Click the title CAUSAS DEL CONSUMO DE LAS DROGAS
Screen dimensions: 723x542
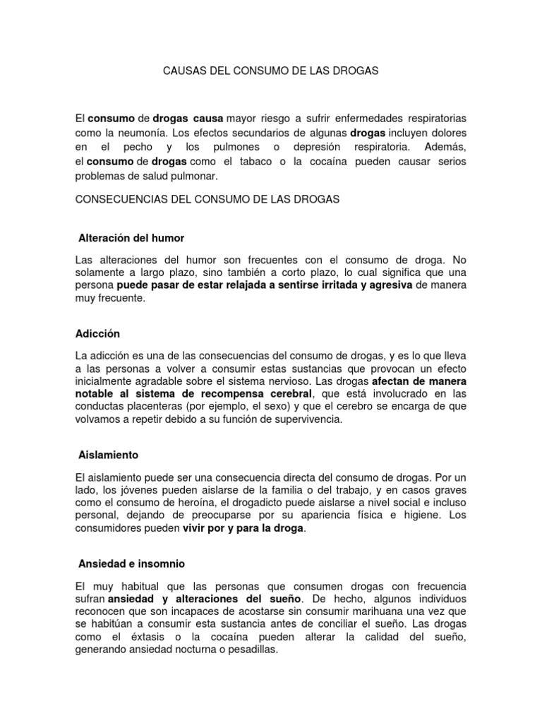(x=271, y=71)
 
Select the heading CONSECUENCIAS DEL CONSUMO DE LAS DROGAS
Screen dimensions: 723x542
(x=207, y=200)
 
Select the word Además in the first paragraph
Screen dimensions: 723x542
(x=447, y=146)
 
